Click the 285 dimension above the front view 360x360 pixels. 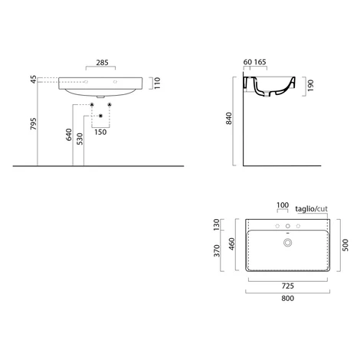click(102, 63)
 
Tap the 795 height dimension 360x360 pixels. click(34, 124)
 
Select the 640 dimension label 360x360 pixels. click(69, 135)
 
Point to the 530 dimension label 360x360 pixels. click(80, 139)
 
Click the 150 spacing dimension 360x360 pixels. click(100, 132)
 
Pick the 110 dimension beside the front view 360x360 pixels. click(157, 83)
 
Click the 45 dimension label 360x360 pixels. click(34, 80)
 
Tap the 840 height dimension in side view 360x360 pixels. click(229, 119)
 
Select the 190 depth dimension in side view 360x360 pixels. click(310, 85)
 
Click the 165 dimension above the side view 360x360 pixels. click(260, 62)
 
